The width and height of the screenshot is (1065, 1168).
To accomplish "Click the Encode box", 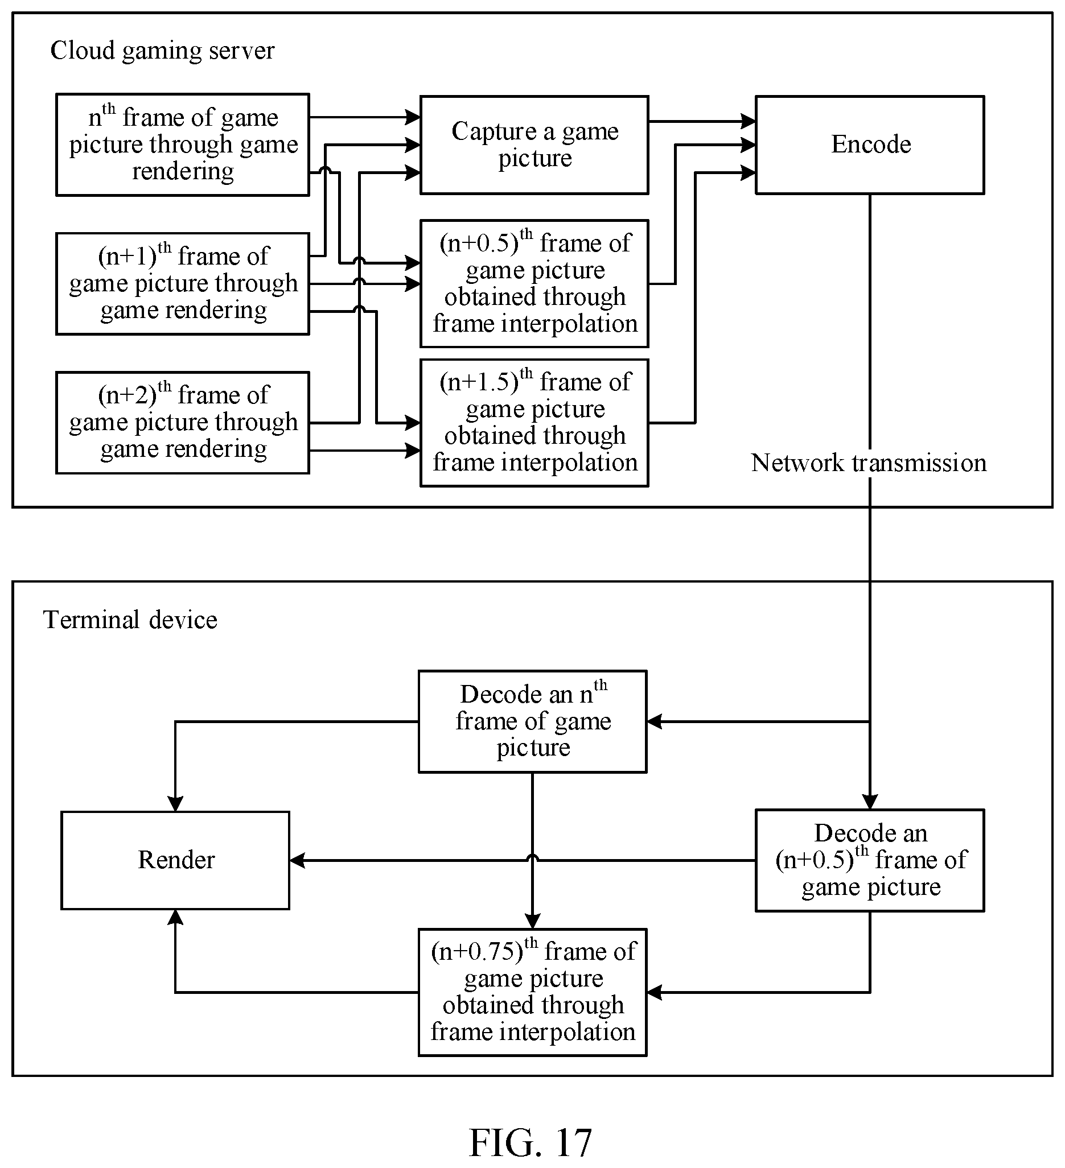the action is click(870, 145).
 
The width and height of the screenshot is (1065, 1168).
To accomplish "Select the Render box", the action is click(175, 860).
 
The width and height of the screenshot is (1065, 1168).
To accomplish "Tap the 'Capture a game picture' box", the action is click(534, 145).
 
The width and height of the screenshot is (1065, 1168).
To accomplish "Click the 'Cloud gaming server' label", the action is click(162, 51).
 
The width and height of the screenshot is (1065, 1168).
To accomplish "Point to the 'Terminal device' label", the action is click(130, 620).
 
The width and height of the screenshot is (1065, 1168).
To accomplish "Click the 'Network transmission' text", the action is click(869, 463).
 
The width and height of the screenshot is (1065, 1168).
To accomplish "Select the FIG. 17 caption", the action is click(531, 1142).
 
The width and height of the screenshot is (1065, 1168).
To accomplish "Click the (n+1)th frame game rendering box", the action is click(183, 284).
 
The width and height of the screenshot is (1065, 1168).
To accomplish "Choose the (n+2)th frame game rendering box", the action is click(183, 423).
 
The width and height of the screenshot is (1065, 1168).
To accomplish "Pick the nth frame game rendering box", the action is click(183, 145).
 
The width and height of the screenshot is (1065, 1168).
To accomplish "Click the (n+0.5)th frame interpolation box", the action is click(534, 284).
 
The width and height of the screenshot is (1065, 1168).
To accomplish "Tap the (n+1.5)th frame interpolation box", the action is click(534, 423).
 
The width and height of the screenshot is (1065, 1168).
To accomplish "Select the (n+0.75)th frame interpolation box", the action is click(532, 992).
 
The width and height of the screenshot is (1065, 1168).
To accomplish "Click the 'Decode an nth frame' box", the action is click(532, 722).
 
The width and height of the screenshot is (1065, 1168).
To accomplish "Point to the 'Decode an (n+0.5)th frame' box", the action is click(870, 860).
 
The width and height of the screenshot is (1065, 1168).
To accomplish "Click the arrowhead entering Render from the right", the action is click(297, 861).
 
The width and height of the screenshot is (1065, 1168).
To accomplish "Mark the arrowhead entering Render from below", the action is click(175, 917).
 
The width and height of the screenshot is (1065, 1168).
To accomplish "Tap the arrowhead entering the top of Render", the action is click(175, 803).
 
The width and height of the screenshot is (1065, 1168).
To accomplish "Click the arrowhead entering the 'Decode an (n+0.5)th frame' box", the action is click(870, 802).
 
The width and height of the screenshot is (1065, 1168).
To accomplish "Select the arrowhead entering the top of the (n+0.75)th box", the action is click(532, 921).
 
